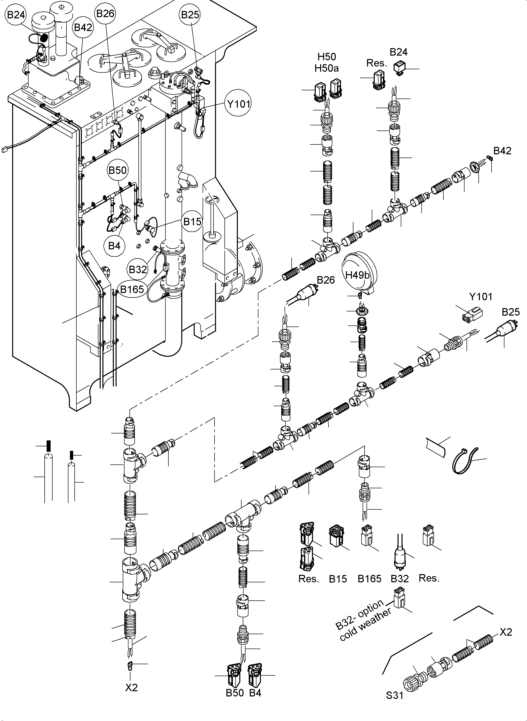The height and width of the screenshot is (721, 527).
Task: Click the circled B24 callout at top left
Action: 16,15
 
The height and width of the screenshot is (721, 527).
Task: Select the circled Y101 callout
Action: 238,103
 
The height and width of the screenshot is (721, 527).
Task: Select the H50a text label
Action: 326,68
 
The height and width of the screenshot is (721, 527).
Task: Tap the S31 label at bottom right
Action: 394,695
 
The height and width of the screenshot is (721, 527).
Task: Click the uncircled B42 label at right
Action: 502,151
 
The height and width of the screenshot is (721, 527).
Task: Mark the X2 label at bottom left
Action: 131,687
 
